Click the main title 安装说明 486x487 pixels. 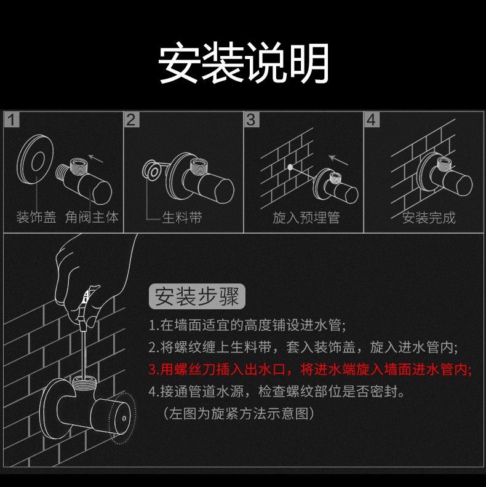tap(244, 63)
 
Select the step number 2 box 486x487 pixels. tap(131, 119)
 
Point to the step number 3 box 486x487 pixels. tap(251, 119)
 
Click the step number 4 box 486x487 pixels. tap(371, 119)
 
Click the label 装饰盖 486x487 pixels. tap(36, 218)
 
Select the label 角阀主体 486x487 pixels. tap(92, 218)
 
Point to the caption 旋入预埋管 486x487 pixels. tap(306, 218)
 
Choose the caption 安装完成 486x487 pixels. tap(429, 218)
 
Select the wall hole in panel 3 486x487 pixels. tap(289, 167)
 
